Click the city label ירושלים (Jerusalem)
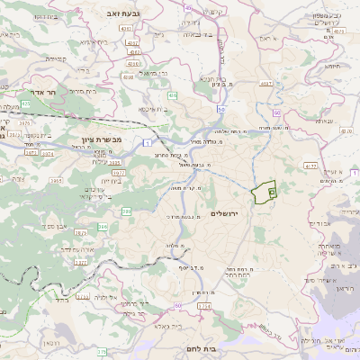(226, 212)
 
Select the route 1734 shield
(204, 307)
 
